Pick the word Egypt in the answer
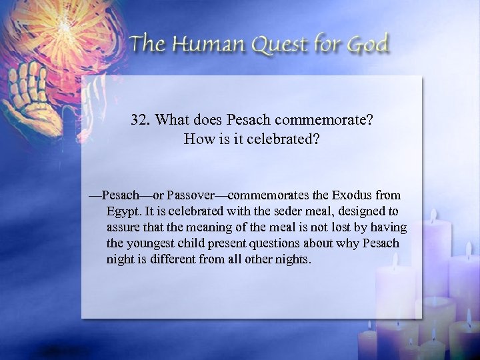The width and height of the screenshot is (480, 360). pos(121,213)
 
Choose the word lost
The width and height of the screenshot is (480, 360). pos(332,228)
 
